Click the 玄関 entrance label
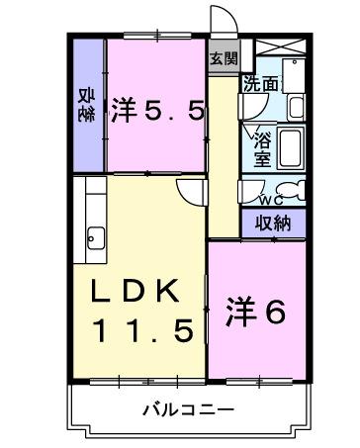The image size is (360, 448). tap(224, 58)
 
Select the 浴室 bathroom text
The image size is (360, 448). tap(262, 144)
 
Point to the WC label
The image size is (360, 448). tap(272, 199)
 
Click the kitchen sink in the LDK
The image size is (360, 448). tap(96, 236)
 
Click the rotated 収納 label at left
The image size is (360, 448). tap(86, 105)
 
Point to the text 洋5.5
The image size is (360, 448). tap(157, 109)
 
